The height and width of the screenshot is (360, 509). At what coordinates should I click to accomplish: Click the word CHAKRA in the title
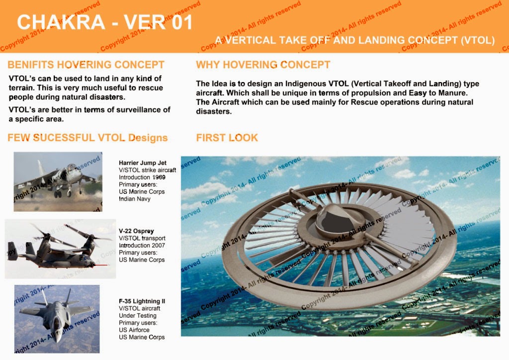(61, 22)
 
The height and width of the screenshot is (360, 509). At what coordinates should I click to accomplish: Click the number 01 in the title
(182, 22)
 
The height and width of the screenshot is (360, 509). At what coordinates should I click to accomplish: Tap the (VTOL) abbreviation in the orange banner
(478, 40)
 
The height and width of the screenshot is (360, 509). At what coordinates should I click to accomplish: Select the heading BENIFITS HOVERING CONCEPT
(86, 65)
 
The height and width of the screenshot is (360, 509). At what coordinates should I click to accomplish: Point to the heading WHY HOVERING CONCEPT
(263, 65)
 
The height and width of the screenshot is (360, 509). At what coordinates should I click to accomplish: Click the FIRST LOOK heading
(227, 138)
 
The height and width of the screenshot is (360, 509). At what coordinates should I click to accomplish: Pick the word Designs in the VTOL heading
(148, 138)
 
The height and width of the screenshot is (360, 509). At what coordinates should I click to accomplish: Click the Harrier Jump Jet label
(143, 163)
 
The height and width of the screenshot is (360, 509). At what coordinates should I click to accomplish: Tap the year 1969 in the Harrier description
(159, 177)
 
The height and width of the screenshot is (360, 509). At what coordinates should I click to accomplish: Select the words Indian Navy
(135, 199)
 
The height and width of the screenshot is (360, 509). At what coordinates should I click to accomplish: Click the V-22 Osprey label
(136, 231)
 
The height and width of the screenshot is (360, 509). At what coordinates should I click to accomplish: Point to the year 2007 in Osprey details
(159, 246)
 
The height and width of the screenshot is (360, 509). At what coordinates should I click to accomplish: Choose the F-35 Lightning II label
(142, 301)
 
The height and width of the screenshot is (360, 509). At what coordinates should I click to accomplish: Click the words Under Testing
(138, 316)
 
